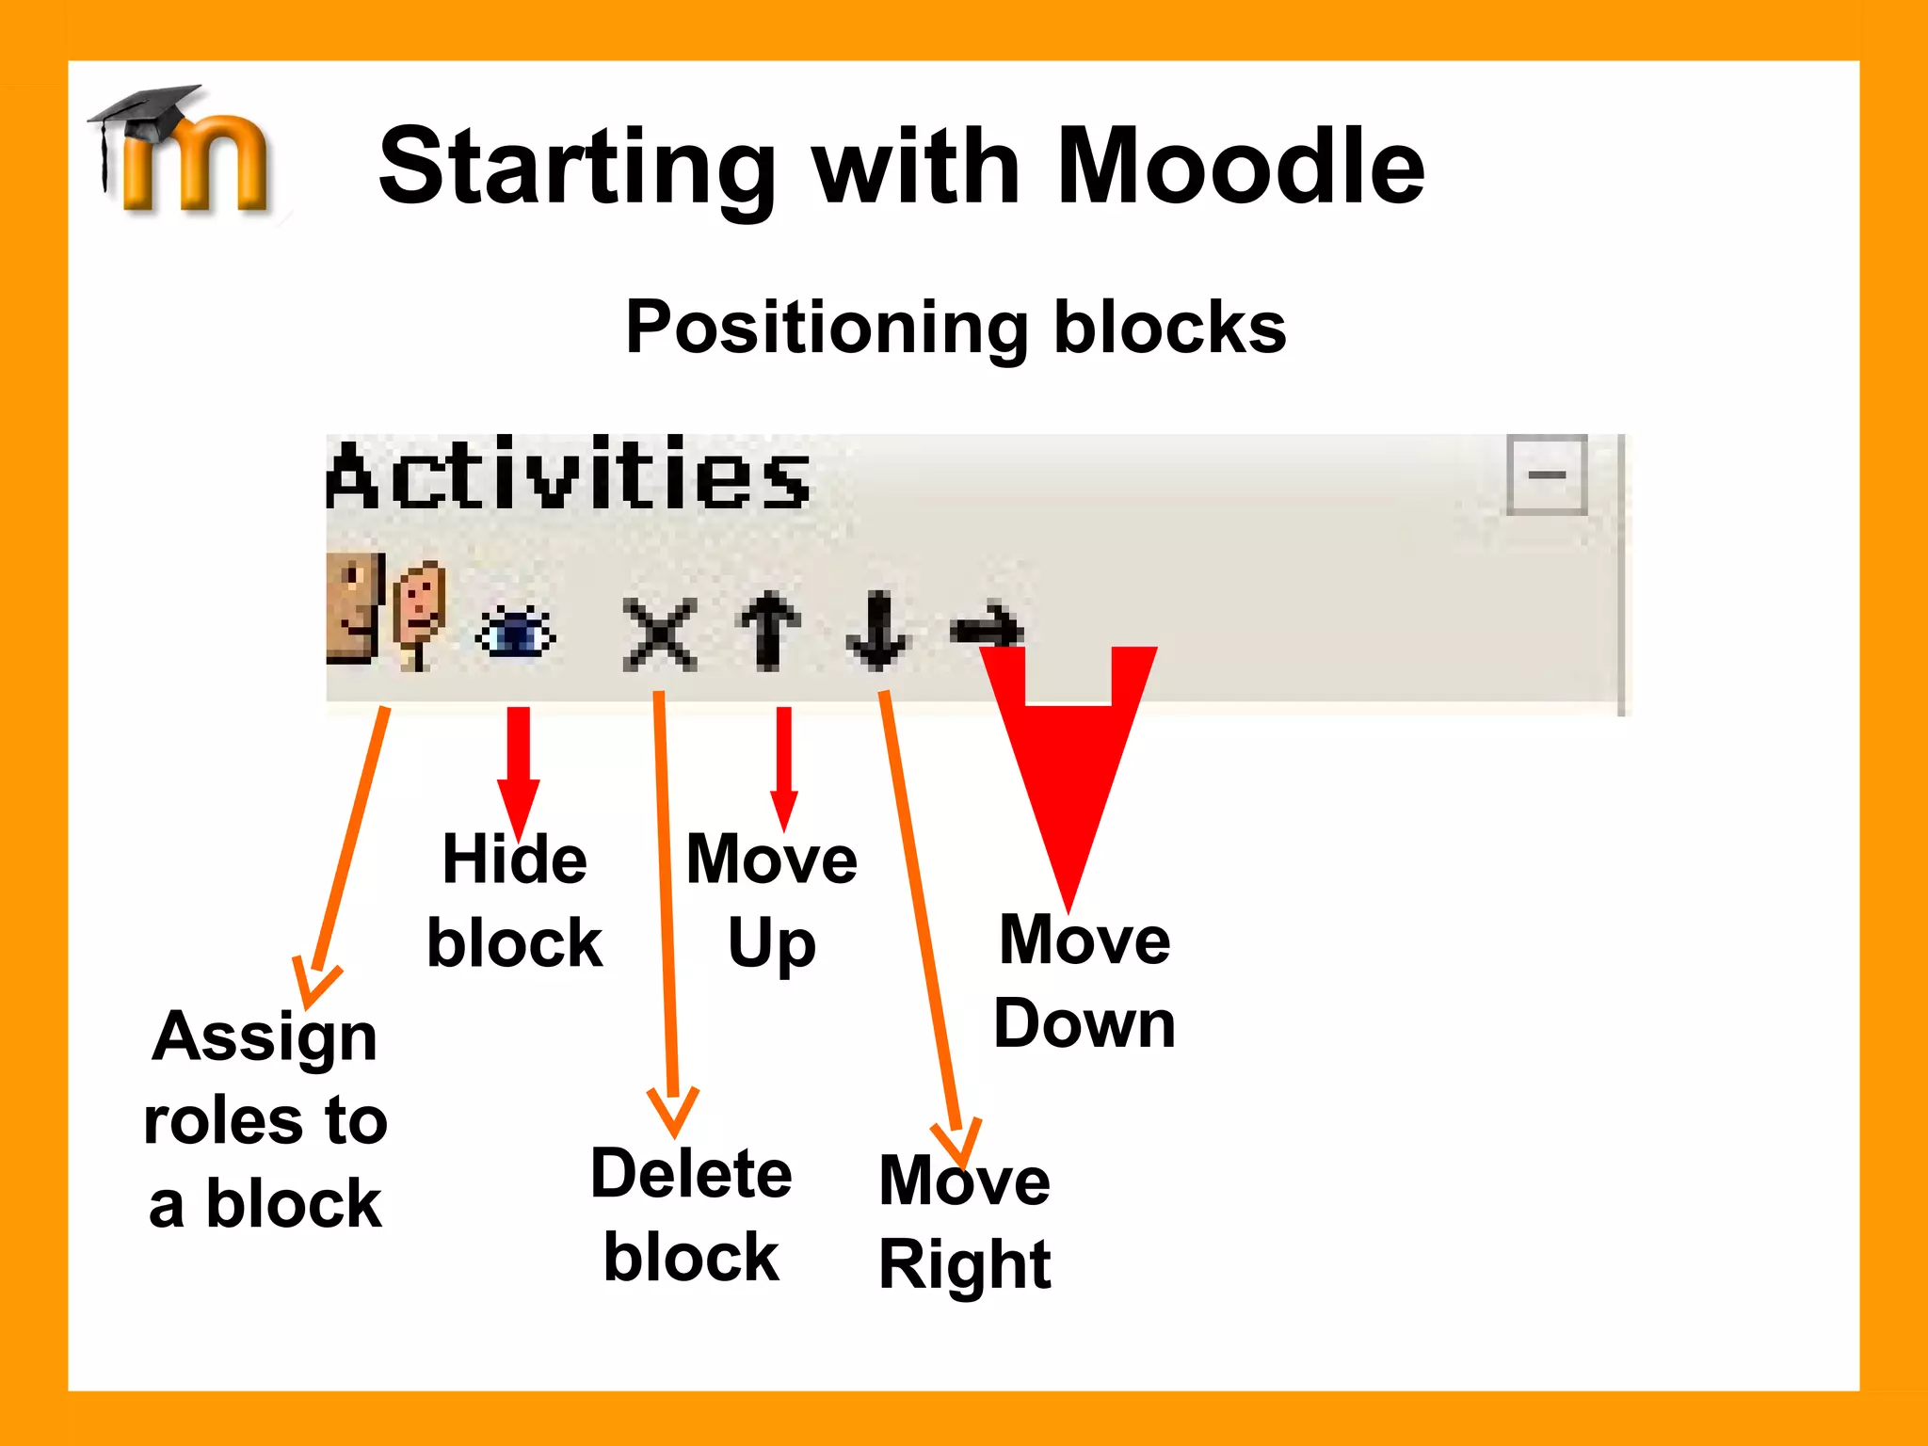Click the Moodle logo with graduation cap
click(184, 151)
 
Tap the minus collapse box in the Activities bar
click(1546, 474)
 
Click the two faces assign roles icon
click(385, 612)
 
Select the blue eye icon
click(516, 633)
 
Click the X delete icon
click(660, 634)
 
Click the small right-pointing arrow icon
click(987, 627)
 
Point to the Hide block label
click(515, 901)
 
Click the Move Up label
click(771, 901)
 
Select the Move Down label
click(1084, 981)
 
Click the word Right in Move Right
click(964, 1263)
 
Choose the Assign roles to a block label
click(265, 1120)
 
